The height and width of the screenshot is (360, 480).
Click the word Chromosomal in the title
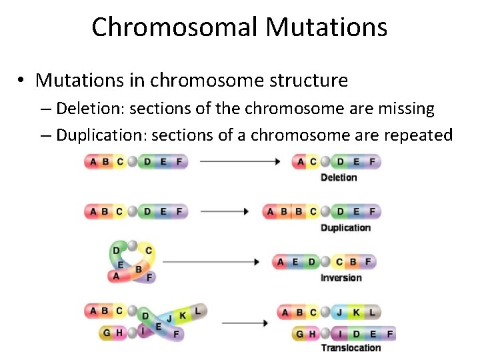pyautogui.click(x=174, y=27)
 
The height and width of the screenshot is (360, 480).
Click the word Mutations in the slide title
pyautogui.click(x=326, y=27)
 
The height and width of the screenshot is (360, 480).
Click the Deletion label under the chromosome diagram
pyautogui.click(x=339, y=177)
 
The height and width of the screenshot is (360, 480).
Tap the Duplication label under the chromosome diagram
pyautogui.click(x=345, y=228)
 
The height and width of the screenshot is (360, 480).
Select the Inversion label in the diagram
pyautogui.click(x=341, y=278)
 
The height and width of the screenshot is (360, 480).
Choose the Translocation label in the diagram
pyautogui.click(x=351, y=347)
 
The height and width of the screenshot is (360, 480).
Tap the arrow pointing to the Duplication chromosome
pyautogui.click(x=224, y=211)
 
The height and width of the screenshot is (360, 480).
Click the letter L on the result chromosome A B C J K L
pyautogui.click(x=372, y=312)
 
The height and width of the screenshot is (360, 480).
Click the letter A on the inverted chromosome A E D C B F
pyautogui.click(x=281, y=262)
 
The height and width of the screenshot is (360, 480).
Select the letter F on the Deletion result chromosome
pyautogui.click(x=372, y=161)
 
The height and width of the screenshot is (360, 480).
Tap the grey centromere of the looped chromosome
pyautogui.click(x=133, y=245)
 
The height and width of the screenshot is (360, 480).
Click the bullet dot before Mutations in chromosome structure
pyautogui.click(x=22, y=81)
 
